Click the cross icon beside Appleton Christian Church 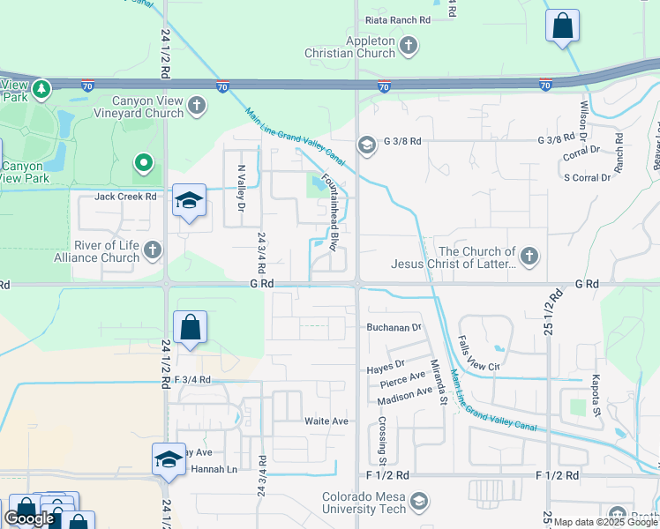click(408, 46)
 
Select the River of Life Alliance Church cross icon click(153, 250)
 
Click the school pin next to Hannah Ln click(169, 459)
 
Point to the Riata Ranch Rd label click(399, 19)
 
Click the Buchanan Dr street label click(395, 327)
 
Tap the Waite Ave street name click(326, 421)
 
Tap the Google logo click(28, 518)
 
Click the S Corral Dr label click(587, 178)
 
